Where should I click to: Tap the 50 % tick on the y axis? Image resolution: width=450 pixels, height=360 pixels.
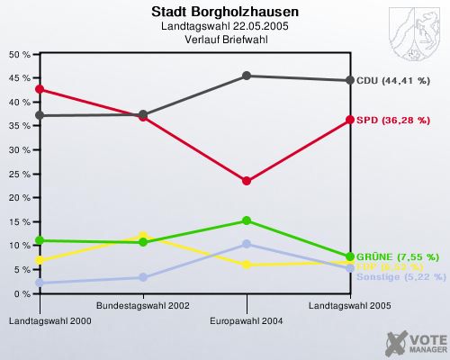(21, 54)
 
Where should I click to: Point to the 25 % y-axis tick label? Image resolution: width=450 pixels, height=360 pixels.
(21, 174)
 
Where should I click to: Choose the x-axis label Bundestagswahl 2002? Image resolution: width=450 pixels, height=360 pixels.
(155, 306)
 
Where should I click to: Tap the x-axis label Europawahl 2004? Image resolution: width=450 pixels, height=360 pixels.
(246, 320)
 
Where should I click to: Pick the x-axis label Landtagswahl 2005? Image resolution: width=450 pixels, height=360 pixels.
(350, 306)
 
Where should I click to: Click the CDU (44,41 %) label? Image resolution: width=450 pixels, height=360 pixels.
(392, 81)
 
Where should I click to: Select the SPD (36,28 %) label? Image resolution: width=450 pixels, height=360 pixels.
(391, 120)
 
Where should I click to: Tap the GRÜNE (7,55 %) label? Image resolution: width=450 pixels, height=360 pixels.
(397, 256)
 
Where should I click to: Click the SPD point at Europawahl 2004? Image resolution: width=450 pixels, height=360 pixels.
(247, 181)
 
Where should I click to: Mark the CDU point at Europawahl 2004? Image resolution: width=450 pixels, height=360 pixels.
(247, 76)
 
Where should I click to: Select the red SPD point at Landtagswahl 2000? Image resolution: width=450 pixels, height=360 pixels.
(40, 89)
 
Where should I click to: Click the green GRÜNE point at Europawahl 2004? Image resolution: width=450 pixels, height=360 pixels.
(247, 220)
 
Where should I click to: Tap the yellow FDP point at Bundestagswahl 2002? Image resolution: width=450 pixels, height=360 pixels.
(143, 237)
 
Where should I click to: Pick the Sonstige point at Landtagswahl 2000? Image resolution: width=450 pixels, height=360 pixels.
(40, 283)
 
